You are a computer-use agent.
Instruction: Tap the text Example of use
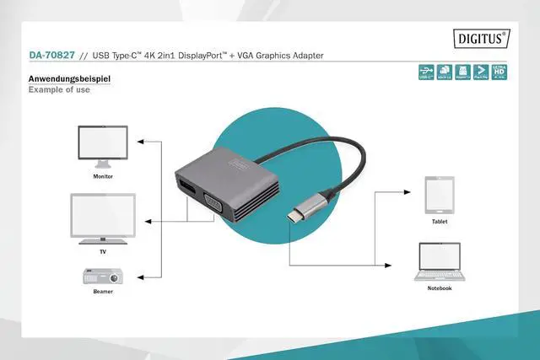point(59,89)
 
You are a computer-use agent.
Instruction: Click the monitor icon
point(102,148)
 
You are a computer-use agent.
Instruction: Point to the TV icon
point(103,217)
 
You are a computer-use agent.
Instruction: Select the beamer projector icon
point(103,275)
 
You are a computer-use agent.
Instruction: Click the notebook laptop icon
point(439,262)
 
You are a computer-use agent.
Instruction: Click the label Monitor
point(103,177)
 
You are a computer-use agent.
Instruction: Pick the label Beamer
point(103,291)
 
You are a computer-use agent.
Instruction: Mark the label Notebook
point(439,288)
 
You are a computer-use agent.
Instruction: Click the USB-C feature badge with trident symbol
point(427,73)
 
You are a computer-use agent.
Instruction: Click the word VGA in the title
point(247,56)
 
